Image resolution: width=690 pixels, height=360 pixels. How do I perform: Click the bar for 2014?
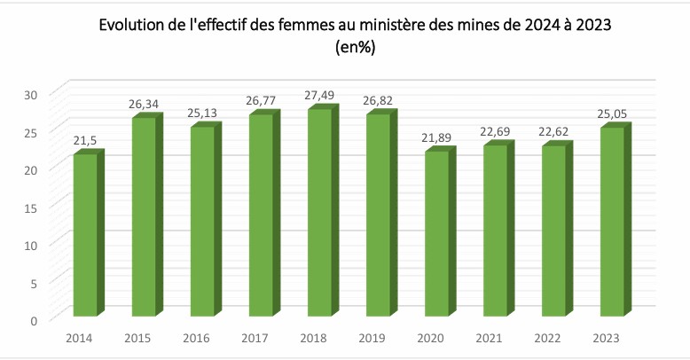(85, 235)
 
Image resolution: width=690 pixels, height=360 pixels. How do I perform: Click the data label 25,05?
(615, 113)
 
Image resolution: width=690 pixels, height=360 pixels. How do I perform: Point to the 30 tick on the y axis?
(30, 95)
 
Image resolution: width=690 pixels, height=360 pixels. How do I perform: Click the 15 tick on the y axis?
(30, 207)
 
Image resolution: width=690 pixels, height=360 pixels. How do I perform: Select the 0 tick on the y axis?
(34, 319)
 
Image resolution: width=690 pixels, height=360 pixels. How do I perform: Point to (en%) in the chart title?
(355, 49)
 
